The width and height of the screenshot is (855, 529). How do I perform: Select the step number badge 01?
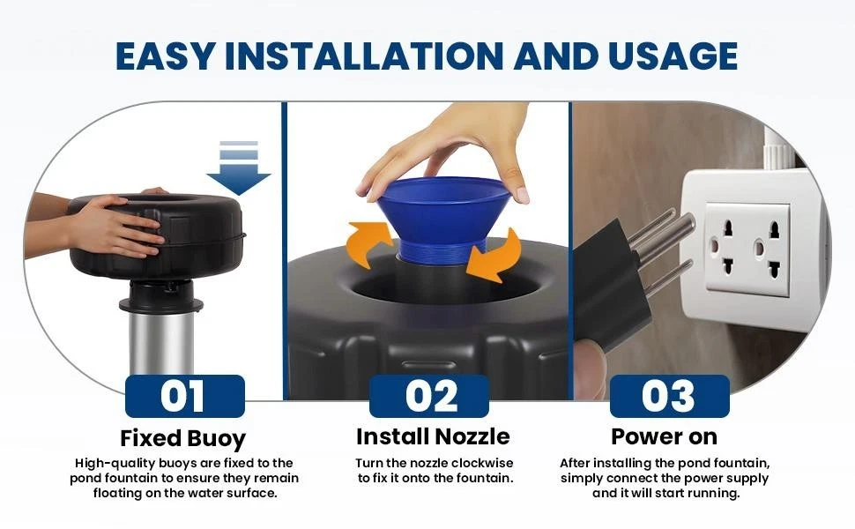click(184, 396)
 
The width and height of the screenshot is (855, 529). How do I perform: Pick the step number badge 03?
click(669, 396)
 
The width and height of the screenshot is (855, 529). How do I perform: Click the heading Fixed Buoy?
click(183, 438)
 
